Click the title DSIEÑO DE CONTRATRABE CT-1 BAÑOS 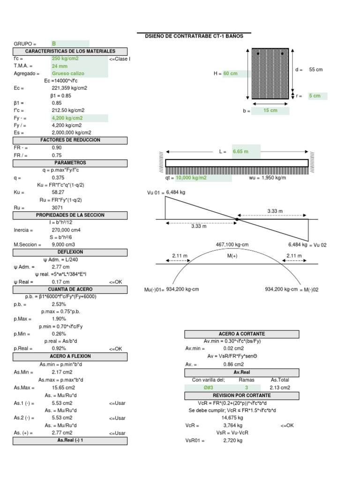coord(194,36)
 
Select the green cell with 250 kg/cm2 coord(65,59)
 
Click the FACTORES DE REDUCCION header coord(70,140)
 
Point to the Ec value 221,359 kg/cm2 coord(69,88)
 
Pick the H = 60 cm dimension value coord(230,74)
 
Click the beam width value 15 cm coord(270,111)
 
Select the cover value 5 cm coord(315,96)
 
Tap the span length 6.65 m coord(240,152)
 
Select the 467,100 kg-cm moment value coord(232,245)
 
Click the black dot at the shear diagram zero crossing coord(237,219)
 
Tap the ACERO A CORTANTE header coord(242,334)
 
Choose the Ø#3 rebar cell coord(208,388)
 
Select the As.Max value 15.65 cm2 coord(63,388)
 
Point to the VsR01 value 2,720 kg coord(232,441)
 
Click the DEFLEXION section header coord(70,252)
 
